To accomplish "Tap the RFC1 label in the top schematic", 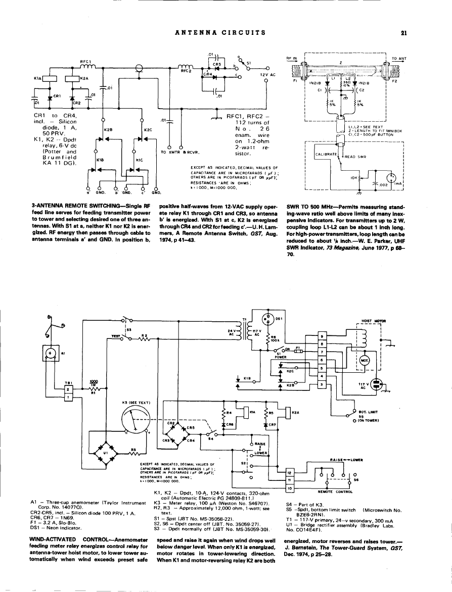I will [x=84, y=62].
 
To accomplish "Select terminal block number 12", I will [x=290, y=473].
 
